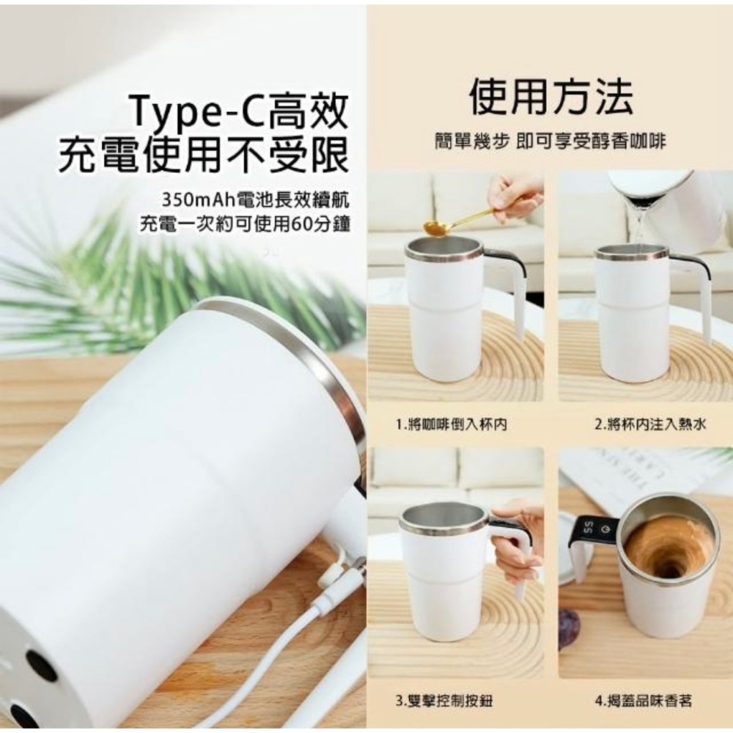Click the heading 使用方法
pyautogui.click(x=551, y=98)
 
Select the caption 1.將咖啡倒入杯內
pyautogui.click(x=452, y=424)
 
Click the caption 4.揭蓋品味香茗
pyautogui.click(x=643, y=701)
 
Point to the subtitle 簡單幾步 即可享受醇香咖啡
pyautogui.click(x=550, y=141)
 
